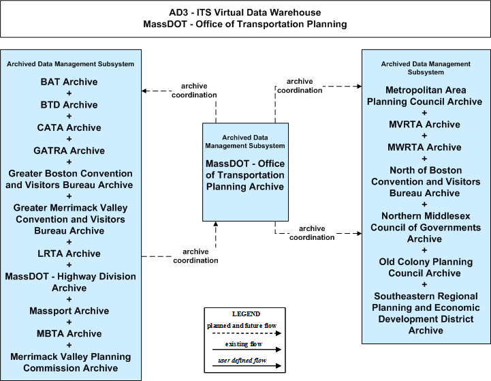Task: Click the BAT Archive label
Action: coord(69,82)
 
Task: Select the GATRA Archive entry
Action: coord(69,151)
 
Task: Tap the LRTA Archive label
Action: coord(69,254)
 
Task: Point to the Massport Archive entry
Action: coord(69,311)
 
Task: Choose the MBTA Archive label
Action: coord(69,334)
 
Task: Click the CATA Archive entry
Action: coord(69,128)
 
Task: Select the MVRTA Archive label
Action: coord(425,125)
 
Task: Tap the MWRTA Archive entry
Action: coord(425,147)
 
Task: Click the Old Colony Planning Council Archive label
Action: coord(425,268)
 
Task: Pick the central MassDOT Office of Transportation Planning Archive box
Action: coord(245,172)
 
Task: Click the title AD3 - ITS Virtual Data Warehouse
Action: coord(245,12)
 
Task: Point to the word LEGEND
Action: coord(246,314)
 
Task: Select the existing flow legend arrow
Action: coord(247,350)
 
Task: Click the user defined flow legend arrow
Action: coord(247,365)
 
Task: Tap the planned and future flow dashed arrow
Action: coord(247,333)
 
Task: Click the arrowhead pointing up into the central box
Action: coord(215,224)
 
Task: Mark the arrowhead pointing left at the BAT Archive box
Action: coord(144,91)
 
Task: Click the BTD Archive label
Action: coord(69,105)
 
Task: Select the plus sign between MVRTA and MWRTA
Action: coord(424,136)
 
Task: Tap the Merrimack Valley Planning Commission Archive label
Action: coord(70,363)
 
